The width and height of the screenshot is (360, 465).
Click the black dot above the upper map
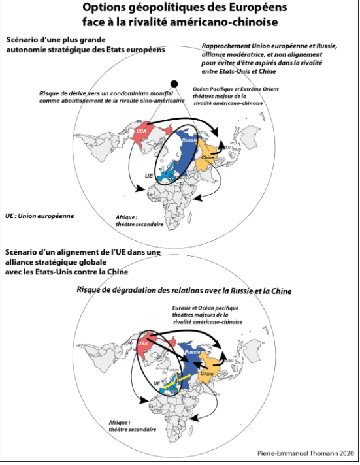[x=174, y=84]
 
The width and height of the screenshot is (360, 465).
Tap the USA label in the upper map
[x=142, y=131]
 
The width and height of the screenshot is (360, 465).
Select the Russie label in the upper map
[x=189, y=140]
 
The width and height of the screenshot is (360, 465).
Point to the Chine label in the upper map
[x=208, y=157]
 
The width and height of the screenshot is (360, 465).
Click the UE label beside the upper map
[x=149, y=176]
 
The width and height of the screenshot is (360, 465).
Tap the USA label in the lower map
[x=142, y=343]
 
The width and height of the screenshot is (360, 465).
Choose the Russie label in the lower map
[x=192, y=352]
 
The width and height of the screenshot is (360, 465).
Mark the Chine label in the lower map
[x=207, y=374]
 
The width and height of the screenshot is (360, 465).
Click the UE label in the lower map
[x=156, y=383]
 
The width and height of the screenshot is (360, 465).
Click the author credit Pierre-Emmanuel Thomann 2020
[x=306, y=453]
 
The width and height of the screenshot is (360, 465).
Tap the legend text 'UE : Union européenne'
[x=39, y=216]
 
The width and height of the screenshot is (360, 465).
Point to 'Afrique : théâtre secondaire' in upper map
[x=139, y=221]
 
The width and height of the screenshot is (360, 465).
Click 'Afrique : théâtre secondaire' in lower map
[x=133, y=426]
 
